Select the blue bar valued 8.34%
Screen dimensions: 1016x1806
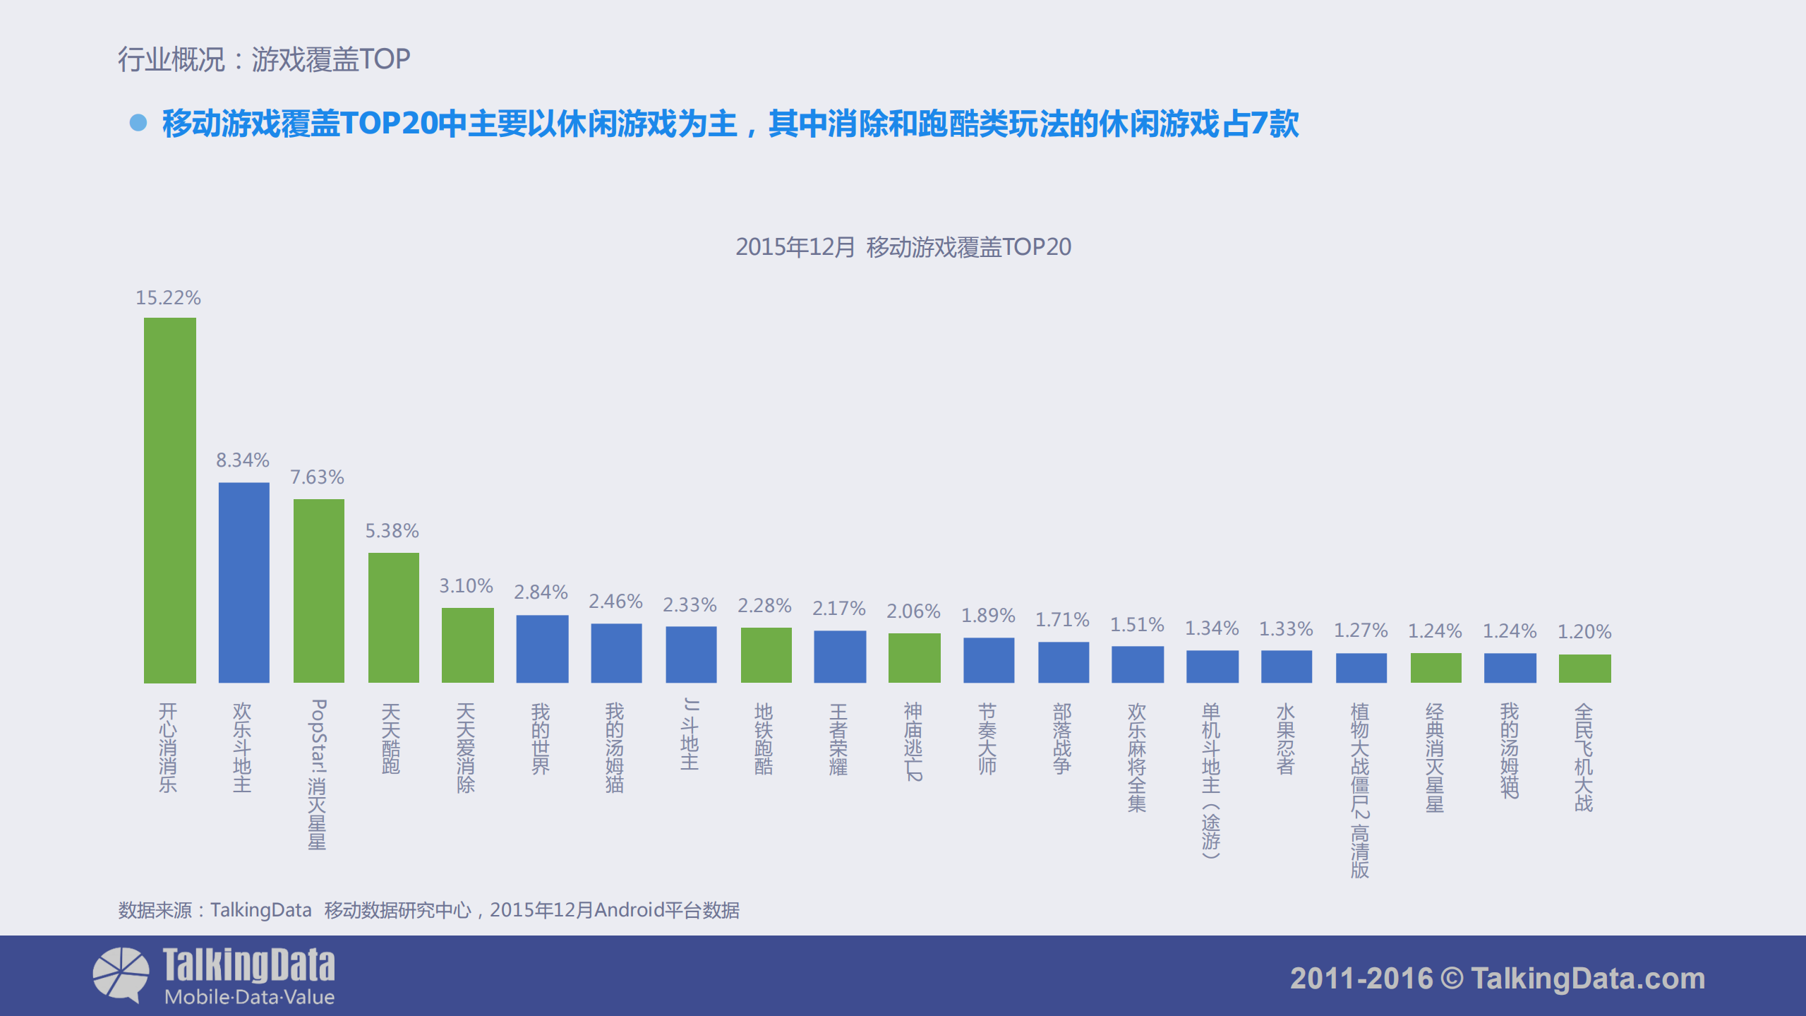pyautogui.click(x=243, y=582)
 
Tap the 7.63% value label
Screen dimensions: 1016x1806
pyautogui.click(x=317, y=477)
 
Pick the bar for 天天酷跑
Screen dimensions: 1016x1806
pyautogui.click(x=393, y=618)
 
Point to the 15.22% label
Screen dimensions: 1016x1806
pyautogui.click(x=168, y=298)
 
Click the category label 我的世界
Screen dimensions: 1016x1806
pyautogui.click(x=541, y=738)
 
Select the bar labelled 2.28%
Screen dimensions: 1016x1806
pyautogui.click(x=766, y=655)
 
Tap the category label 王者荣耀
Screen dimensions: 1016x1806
pyautogui.click(x=838, y=739)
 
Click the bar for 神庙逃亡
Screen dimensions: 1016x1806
pyautogui.click(x=914, y=658)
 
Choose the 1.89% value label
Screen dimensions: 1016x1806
pyautogui.click(x=988, y=616)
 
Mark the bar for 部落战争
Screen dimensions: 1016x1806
pyautogui.click(x=1064, y=662)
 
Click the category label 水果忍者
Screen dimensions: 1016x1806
pyautogui.click(x=1286, y=739)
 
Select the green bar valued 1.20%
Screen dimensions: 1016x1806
pyautogui.click(x=1584, y=669)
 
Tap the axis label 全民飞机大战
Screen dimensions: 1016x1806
pyautogui.click(x=1584, y=757)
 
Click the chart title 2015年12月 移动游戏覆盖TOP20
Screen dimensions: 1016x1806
pyautogui.click(x=903, y=247)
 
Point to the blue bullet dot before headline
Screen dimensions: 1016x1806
pyautogui.click(x=138, y=124)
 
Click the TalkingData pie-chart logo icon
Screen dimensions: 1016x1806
pyautogui.click(x=121, y=974)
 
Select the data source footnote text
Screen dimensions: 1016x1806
pyautogui.click(x=428, y=910)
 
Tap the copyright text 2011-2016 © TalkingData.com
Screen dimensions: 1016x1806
pyautogui.click(x=1497, y=979)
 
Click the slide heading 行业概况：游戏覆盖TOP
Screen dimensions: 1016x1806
pyautogui.click(x=264, y=59)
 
